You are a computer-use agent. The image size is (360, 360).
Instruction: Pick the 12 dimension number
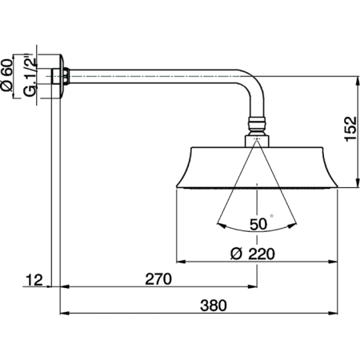tap(34, 280)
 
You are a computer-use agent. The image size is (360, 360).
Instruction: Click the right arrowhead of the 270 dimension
tap(254, 287)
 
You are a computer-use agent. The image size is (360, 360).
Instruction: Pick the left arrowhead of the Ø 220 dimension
tap(179, 262)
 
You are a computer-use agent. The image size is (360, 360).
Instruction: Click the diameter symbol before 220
tap(235, 254)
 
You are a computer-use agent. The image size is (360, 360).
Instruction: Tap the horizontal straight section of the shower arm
tap(152, 77)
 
